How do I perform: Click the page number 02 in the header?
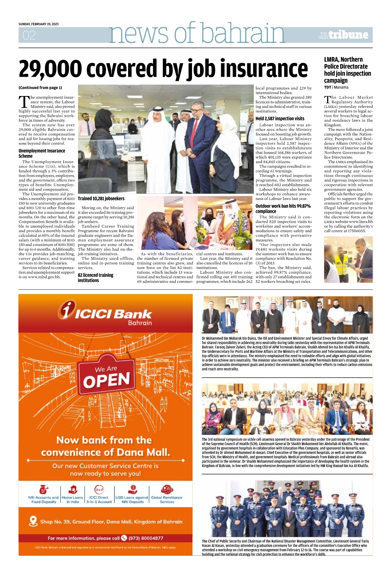point(29,35)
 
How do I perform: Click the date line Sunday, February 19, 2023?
point(39,24)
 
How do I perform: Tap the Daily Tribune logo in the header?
point(343,35)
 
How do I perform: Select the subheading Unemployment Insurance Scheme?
point(42,153)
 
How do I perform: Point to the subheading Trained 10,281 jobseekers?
point(101,199)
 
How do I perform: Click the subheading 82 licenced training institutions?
point(95,278)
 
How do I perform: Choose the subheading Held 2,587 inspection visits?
point(280,118)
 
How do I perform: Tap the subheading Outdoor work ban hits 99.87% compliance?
point(283,208)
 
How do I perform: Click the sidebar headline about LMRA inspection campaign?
point(347,70)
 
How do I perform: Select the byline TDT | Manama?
point(336,87)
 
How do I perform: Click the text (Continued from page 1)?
point(40,88)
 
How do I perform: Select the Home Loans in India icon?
point(73,489)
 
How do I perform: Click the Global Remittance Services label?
point(167,500)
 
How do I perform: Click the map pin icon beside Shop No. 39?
point(33,521)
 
